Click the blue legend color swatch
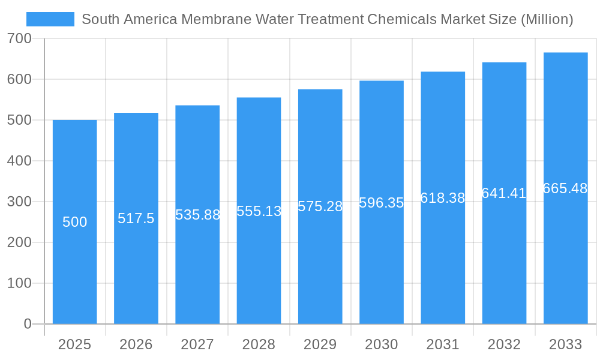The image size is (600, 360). (50, 19)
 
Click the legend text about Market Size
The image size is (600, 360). (327, 19)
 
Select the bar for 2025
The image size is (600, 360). (75, 270)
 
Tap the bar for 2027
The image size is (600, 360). (197, 270)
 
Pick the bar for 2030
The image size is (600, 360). (382, 270)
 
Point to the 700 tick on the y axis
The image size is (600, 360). (20, 39)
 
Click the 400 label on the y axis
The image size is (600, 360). (20, 161)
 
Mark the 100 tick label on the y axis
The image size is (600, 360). (20, 283)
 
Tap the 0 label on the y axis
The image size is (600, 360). (28, 324)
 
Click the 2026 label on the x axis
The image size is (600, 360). (136, 344)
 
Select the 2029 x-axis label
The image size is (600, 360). (320, 344)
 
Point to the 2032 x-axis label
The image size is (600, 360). (504, 344)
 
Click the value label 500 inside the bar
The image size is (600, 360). (75, 222)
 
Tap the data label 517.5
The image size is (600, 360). (136, 218)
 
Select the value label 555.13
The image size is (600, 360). (259, 211)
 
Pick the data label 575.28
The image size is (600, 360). (320, 206)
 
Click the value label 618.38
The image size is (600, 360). (443, 198)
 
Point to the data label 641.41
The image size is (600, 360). (504, 193)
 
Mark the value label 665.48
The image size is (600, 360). (565, 188)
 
